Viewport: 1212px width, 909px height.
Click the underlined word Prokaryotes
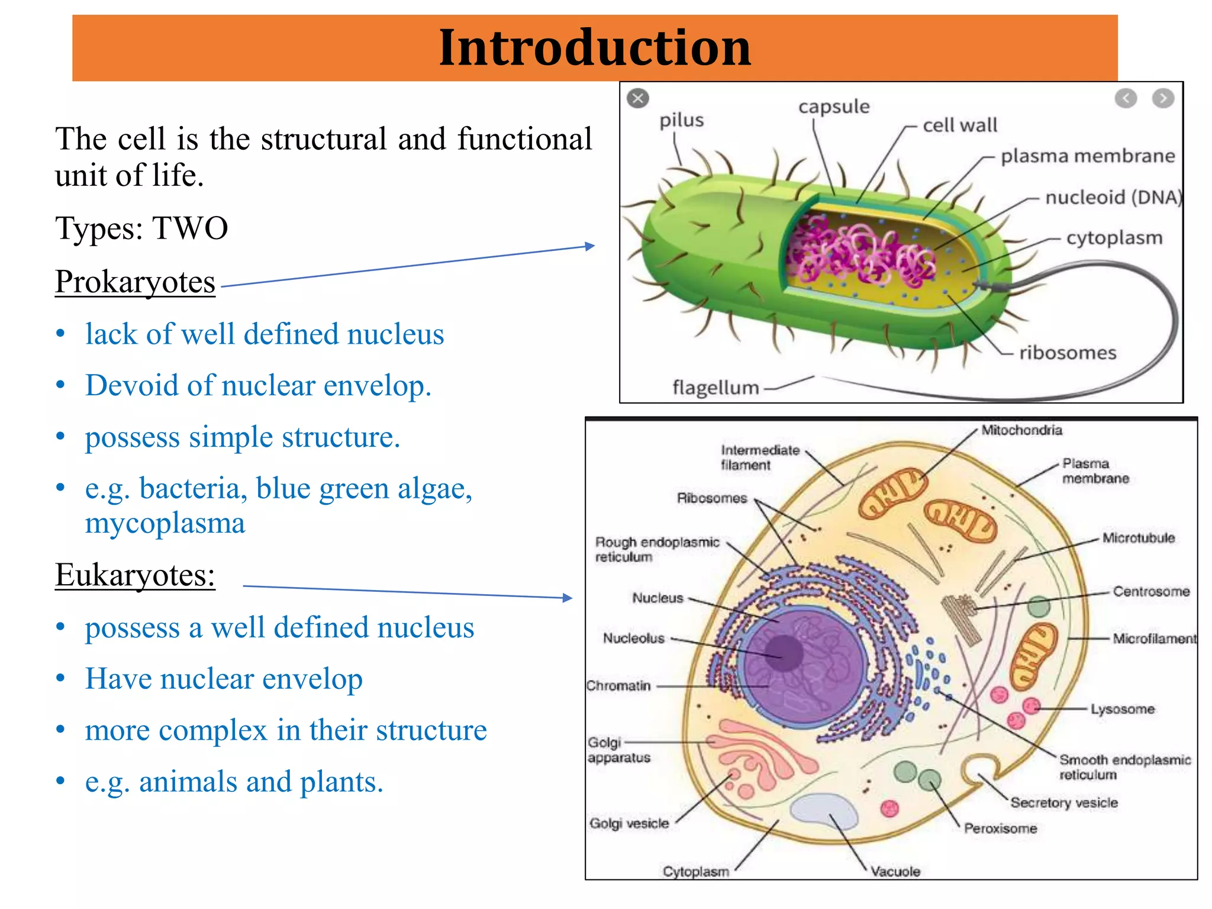(135, 282)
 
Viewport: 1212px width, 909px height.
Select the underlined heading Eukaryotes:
(135, 575)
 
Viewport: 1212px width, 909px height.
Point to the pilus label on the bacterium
(682, 120)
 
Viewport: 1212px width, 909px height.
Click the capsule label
(834, 107)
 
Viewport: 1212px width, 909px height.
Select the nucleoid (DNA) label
(1113, 197)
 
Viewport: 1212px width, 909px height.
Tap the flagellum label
(715, 388)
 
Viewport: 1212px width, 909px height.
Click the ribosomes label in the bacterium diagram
(1068, 353)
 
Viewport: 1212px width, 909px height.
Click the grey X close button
(638, 98)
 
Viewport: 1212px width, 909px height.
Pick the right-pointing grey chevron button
(1163, 98)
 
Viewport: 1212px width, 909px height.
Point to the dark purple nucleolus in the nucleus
(784, 653)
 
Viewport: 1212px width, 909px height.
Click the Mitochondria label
(1021, 430)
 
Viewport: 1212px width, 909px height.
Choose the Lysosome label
(1122, 709)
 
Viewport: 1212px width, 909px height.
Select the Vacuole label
(895, 872)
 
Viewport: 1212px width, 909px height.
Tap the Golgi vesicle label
(629, 823)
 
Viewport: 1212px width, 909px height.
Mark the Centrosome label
(1151, 591)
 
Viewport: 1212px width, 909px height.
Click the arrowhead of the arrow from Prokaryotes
(590, 246)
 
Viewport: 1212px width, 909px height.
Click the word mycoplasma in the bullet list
(165, 524)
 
